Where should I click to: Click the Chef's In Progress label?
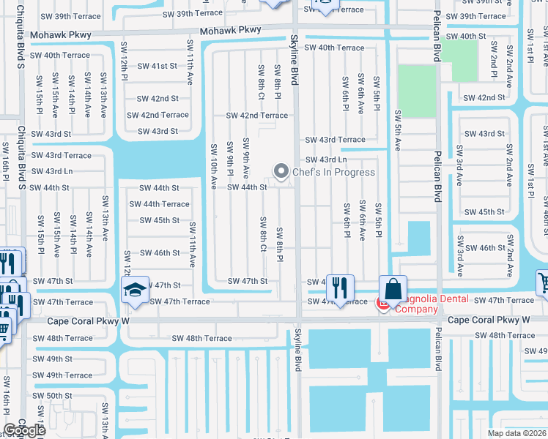pos(333,173)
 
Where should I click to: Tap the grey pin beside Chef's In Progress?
pos(281,172)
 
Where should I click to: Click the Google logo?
pos(24,430)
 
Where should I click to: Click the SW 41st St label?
pos(158,66)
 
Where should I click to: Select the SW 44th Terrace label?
pos(165,204)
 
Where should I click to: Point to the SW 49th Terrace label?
pos(62,375)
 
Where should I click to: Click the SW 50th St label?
pos(53,395)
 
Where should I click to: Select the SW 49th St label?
pos(53,359)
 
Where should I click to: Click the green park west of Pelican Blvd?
pos(416,86)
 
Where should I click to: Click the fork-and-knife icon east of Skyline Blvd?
pos(340,287)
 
